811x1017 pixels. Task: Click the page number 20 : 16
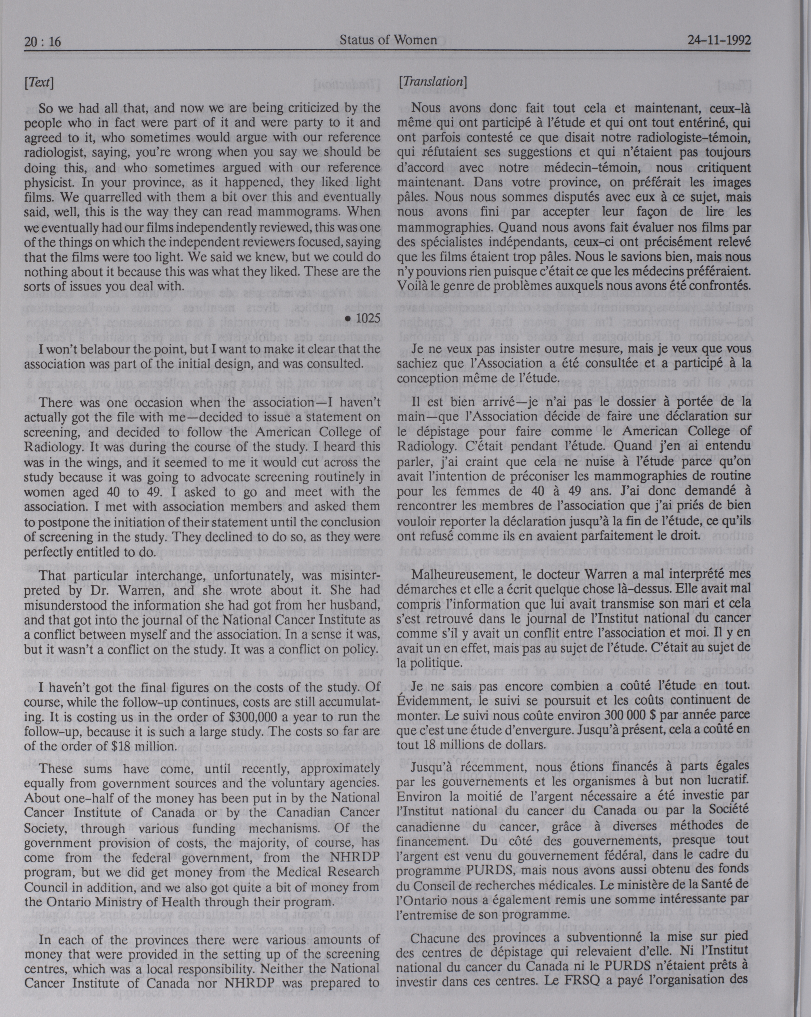42,42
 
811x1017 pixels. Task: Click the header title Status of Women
388,40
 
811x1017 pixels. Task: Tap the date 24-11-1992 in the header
719,40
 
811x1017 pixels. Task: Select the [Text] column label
39,83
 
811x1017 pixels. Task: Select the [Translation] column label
432,82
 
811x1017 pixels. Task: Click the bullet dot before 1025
348,319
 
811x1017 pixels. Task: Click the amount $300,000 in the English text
256,717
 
